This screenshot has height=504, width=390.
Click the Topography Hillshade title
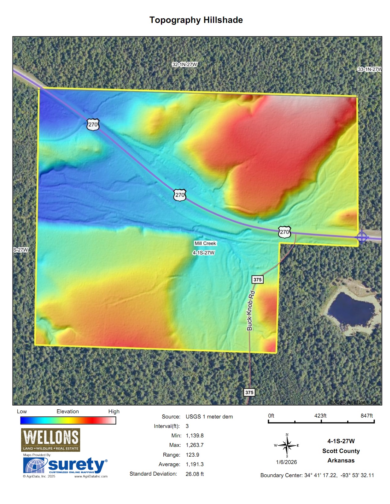click(x=196, y=20)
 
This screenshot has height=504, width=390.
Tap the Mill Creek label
click(x=205, y=243)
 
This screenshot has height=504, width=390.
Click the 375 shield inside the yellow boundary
click(x=258, y=279)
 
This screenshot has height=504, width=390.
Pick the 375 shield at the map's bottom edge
click(x=249, y=393)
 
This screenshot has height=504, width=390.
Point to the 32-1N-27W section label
click(x=185, y=64)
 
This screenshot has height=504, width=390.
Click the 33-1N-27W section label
click(x=370, y=69)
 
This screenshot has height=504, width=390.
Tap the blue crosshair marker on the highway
click(x=362, y=237)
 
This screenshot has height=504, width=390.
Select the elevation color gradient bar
click(x=68, y=421)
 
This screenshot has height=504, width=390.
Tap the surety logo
click(x=65, y=466)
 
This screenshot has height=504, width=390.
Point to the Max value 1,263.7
click(x=195, y=445)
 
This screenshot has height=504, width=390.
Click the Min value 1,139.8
click(x=195, y=436)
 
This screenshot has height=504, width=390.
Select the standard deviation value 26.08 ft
click(x=195, y=474)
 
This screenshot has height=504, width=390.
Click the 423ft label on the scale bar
click(x=320, y=416)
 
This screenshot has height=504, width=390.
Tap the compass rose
click(x=287, y=446)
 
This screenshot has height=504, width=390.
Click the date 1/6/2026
click(x=286, y=462)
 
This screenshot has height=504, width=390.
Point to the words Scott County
click(x=341, y=451)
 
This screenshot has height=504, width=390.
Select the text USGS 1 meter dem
click(x=209, y=417)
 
